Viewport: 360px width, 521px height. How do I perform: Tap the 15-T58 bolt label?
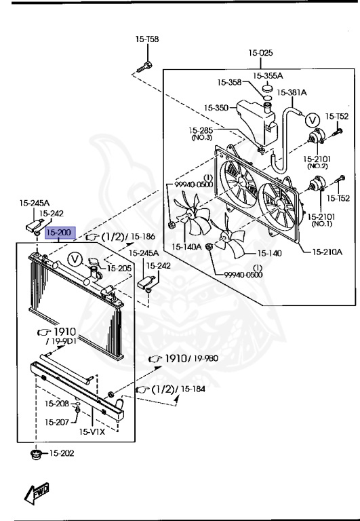point(147,39)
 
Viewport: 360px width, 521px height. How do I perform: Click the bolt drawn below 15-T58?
point(145,66)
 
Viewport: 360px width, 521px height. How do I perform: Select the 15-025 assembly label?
point(261,53)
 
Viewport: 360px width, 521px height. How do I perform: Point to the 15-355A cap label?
point(268,76)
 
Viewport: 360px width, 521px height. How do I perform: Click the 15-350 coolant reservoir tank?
point(256,122)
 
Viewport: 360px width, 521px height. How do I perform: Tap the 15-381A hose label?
point(292,92)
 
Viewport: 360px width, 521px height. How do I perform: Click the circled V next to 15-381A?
point(312,120)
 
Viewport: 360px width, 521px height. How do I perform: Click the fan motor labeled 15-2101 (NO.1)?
point(317,184)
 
